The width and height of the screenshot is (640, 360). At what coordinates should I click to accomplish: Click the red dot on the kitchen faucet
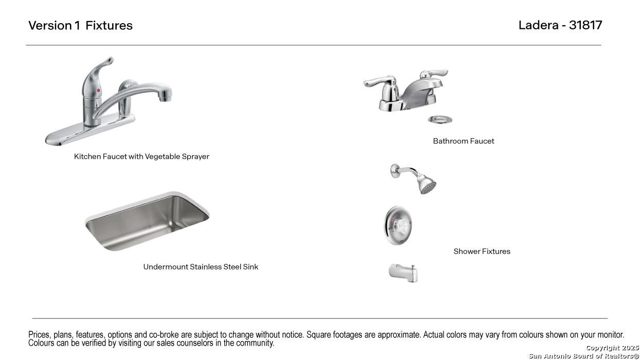98,91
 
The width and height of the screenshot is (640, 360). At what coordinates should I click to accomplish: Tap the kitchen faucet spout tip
165,99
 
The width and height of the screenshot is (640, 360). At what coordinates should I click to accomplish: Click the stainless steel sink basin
148,222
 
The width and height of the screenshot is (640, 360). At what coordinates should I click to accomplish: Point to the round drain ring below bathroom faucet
440,119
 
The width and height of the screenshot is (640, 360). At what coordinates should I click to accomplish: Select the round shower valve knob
398,225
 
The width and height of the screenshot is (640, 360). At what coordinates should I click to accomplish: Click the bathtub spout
403,273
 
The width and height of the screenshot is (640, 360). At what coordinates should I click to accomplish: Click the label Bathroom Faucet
464,141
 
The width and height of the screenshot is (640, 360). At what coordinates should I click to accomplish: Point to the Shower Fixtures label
482,251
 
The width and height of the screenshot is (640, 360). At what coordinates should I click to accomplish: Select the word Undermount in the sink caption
166,267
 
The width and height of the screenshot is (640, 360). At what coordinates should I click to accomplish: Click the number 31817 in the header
585,25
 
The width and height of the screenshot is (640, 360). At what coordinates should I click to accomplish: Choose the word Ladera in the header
538,25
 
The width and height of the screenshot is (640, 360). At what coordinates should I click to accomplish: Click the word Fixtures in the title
109,25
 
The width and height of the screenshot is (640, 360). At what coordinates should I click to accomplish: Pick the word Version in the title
50,25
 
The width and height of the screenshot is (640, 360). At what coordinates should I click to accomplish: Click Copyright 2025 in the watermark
612,348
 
